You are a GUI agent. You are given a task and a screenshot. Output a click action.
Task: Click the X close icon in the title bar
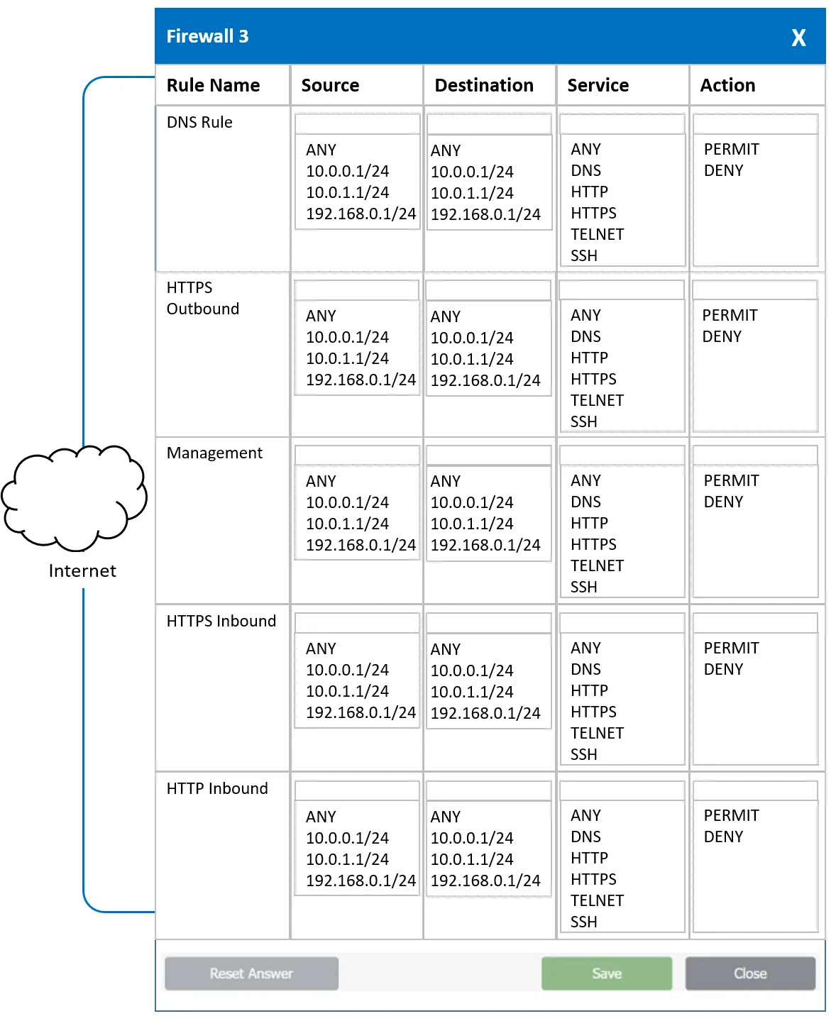tap(798, 38)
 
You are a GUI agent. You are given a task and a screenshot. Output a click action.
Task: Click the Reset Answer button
tap(251, 973)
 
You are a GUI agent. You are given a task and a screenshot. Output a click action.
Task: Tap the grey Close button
tap(750, 973)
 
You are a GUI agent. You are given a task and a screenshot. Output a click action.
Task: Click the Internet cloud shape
tap(74, 497)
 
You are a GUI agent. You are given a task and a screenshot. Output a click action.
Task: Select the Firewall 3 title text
tap(207, 36)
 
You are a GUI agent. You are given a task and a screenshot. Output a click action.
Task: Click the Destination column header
tap(484, 85)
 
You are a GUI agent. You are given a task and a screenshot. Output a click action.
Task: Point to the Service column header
tap(598, 85)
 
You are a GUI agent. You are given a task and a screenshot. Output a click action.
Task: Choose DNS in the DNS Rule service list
tap(585, 170)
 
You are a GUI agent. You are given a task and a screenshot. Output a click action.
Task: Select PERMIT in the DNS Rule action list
tap(732, 149)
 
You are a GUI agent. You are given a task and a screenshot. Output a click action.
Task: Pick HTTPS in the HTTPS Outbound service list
tap(593, 379)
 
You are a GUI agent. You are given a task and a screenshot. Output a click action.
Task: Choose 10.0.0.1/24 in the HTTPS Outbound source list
tap(347, 337)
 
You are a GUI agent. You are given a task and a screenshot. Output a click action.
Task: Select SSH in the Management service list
tap(583, 587)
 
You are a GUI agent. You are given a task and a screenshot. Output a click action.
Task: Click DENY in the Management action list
tap(723, 502)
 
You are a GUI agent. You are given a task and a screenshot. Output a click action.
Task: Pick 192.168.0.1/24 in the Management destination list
tap(485, 545)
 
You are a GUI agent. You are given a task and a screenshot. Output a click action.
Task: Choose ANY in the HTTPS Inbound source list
tap(321, 649)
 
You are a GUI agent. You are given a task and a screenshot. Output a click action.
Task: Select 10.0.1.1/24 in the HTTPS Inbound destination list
tap(472, 692)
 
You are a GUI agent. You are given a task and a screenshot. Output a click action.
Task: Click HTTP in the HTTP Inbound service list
tap(589, 858)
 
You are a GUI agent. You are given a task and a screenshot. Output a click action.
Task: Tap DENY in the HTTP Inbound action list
tap(723, 837)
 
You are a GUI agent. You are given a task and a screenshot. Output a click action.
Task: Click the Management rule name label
tap(214, 453)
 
